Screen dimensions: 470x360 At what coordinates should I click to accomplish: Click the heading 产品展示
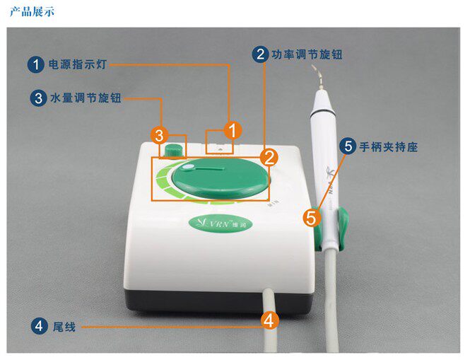click(x=32, y=12)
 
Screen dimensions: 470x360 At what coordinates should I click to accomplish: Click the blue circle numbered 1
click(x=36, y=65)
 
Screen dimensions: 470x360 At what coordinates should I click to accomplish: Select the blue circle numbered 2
click(x=260, y=54)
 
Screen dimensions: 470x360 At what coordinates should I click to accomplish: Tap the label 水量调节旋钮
click(x=86, y=98)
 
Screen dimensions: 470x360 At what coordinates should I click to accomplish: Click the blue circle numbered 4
click(x=37, y=326)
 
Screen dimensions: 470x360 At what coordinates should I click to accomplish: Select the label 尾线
click(x=64, y=327)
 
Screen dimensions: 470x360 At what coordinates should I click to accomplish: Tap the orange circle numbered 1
click(x=233, y=129)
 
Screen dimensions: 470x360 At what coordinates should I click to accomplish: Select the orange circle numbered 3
click(x=160, y=134)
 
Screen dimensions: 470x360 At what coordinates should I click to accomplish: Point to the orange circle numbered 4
click(x=268, y=320)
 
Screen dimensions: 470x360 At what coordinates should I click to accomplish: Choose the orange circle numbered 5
click(x=311, y=216)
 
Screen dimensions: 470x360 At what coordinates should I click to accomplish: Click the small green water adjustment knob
click(x=172, y=151)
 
